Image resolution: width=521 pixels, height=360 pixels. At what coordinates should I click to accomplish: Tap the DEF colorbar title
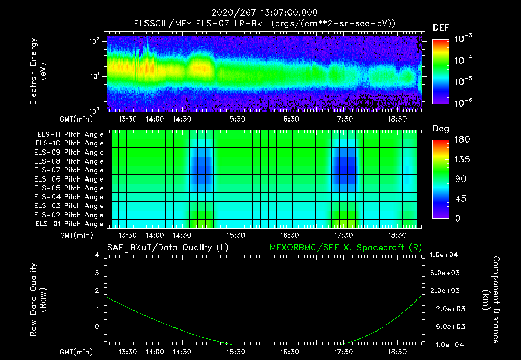(x=441, y=27)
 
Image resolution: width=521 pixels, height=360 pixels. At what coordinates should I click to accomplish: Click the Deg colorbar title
(x=441, y=129)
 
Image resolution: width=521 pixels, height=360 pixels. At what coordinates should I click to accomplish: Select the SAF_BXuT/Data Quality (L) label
(x=167, y=247)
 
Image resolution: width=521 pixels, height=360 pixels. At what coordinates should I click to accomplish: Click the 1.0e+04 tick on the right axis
(x=445, y=255)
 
